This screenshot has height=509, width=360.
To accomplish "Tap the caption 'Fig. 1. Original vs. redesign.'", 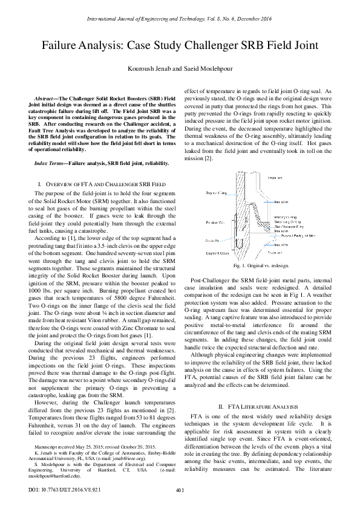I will pos(261,265).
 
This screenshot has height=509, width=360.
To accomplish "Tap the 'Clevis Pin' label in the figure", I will pos(211,240).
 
